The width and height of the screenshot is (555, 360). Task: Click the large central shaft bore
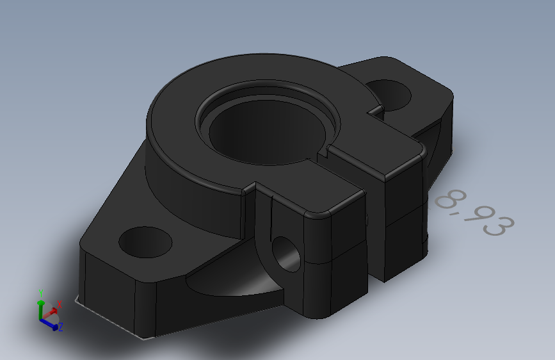(x=262, y=131)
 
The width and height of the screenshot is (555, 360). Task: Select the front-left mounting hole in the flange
(x=145, y=241)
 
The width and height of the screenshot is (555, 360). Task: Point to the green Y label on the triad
(x=42, y=293)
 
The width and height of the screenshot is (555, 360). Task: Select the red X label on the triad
(x=59, y=304)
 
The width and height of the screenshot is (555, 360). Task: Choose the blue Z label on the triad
(x=60, y=327)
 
